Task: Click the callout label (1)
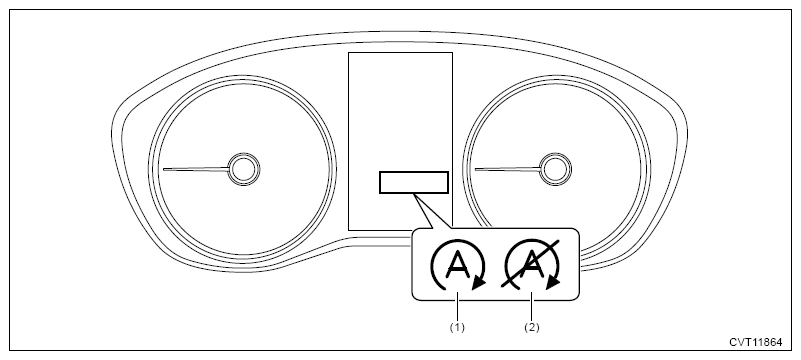(x=457, y=327)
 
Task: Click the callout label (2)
(x=532, y=327)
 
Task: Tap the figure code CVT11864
(x=755, y=342)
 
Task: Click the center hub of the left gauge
(x=244, y=169)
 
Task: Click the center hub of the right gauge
(x=555, y=169)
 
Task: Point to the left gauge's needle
(x=196, y=169)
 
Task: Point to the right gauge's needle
(x=507, y=169)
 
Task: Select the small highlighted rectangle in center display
(x=414, y=182)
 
